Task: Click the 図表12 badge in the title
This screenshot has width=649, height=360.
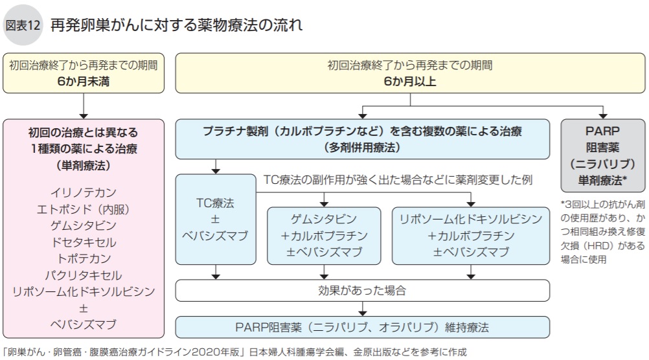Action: tap(23, 26)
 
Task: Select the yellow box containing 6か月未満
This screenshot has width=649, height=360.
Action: tap(83, 73)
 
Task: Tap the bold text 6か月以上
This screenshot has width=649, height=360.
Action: tap(409, 81)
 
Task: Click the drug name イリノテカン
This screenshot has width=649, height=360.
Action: tap(83, 192)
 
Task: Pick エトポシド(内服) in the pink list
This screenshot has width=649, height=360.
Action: tap(83, 209)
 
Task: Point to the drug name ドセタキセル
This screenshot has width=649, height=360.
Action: tap(83, 242)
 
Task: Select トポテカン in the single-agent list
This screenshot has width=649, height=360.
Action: tap(83, 258)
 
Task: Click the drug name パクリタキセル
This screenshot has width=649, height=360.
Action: tap(83, 275)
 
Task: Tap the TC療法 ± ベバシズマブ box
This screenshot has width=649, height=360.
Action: tap(215, 219)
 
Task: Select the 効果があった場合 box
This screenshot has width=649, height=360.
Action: tap(362, 291)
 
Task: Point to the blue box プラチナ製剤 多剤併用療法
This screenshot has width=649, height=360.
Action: tap(362, 139)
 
